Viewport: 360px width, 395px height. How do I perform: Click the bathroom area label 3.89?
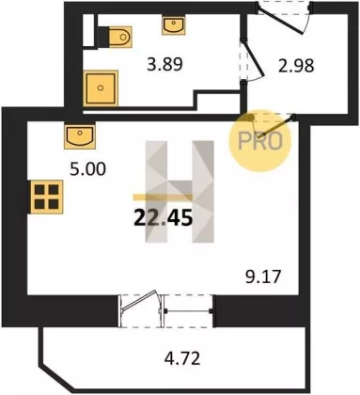[x=164, y=65]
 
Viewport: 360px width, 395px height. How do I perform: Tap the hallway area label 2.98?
[x=296, y=66]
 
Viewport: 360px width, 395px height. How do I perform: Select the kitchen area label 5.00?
[x=87, y=169]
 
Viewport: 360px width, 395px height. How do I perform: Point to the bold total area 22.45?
[x=163, y=218]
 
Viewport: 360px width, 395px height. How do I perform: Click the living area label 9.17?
[x=263, y=277]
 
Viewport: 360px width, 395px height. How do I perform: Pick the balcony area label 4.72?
[x=182, y=358]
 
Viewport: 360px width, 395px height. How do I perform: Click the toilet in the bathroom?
[x=120, y=37]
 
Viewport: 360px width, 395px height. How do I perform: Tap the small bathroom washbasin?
[x=174, y=25]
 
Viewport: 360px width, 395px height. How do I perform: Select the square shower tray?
[x=101, y=88]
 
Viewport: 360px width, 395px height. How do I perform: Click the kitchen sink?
[x=80, y=136]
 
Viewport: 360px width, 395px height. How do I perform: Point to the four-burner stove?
[x=46, y=197]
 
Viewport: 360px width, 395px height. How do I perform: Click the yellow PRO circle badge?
[x=259, y=141]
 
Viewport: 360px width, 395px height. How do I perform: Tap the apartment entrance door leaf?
[x=280, y=21]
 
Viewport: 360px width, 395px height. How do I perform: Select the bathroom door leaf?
[x=254, y=58]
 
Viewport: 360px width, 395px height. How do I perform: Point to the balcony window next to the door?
[x=188, y=311]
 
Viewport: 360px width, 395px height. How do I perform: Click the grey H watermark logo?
[x=180, y=192]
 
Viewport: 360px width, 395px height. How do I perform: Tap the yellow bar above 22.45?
[x=163, y=197]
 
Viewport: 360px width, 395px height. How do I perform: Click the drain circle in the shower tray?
[x=101, y=88]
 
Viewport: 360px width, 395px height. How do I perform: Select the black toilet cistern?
[x=103, y=38]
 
